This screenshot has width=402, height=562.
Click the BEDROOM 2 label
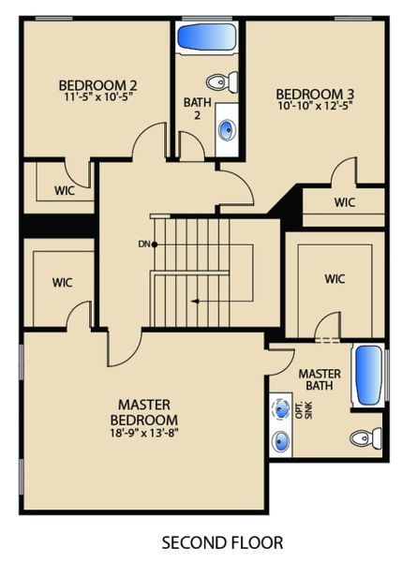91,81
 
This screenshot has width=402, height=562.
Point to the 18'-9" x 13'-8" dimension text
143,433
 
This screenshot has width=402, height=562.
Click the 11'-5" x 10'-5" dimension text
91,96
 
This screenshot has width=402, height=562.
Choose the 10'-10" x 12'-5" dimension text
308,107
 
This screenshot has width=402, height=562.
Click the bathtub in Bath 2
207,39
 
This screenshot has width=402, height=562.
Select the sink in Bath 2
227,130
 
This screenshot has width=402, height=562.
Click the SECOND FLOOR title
222,542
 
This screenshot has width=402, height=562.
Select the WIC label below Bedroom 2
65,190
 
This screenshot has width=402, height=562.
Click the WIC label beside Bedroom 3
344,202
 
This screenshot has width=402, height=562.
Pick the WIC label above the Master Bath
335,278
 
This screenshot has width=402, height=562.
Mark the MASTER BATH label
320,380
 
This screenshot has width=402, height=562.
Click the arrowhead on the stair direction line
194,301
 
